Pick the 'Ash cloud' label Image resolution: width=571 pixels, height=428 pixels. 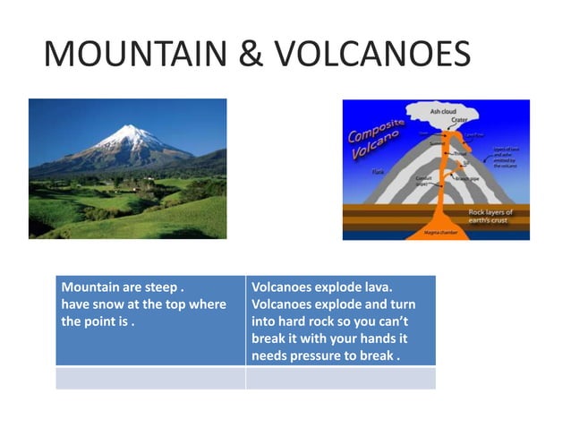(x=443, y=111)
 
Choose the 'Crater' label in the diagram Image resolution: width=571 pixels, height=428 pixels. (x=459, y=120)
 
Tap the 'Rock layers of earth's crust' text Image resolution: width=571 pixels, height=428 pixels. (x=493, y=216)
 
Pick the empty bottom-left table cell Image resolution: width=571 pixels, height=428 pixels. (x=150, y=378)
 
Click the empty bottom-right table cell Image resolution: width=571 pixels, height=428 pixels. (x=340, y=378)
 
